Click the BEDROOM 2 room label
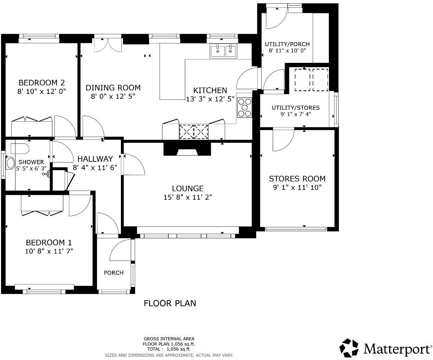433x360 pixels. pos(41,83)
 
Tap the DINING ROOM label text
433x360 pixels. pos(113,88)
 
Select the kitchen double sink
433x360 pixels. pos(224,51)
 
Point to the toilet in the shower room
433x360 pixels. pos(20,148)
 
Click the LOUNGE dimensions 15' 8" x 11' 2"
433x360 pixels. pos(187,197)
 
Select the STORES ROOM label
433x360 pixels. pos(297,179)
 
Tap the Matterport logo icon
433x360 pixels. pos(349,348)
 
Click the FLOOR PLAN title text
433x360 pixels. pos(170,303)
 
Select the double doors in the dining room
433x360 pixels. pos(108,45)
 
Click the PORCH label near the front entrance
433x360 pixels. pos(114,273)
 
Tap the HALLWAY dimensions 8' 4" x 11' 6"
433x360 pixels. pos(95,168)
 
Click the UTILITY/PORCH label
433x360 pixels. pos(287,44)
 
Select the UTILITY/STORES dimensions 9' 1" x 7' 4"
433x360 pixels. pos(295,114)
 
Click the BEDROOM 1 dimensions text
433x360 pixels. pos(49,251)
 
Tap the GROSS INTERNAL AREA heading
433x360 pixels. pos(169,339)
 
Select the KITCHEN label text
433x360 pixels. pos(210,90)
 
